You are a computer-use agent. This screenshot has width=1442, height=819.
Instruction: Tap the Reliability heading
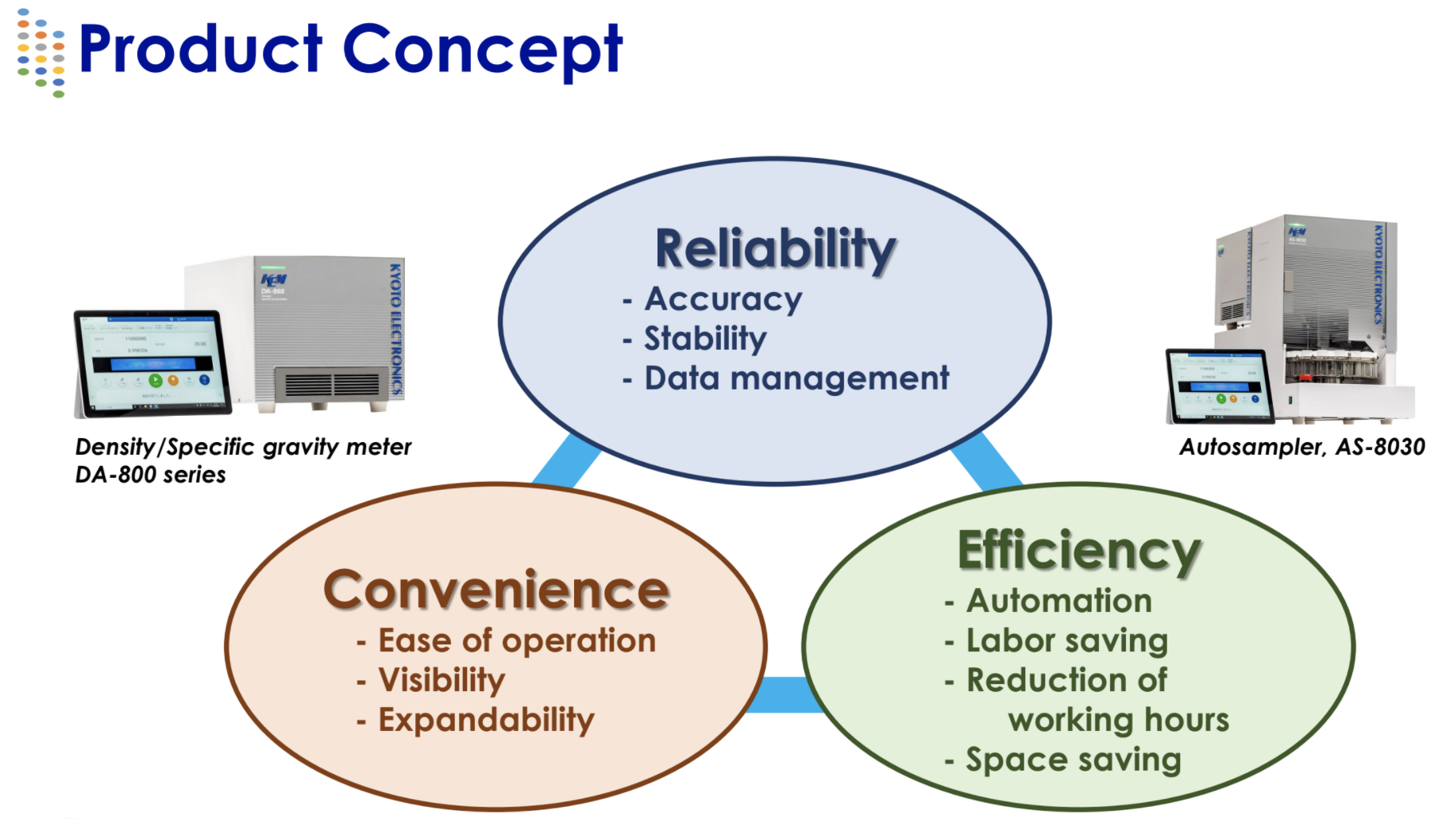[x=775, y=249]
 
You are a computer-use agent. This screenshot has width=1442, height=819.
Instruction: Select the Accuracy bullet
[x=723, y=299]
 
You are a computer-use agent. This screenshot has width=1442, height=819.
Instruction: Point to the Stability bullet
[x=705, y=339]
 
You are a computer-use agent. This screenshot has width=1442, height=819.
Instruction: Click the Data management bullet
[x=796, y=379]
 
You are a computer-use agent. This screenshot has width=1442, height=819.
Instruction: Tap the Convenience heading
[x=496, y=590]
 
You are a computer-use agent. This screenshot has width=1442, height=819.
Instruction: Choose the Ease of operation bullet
[x=517, y=640]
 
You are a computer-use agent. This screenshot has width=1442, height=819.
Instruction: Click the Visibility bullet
[x=441, y=680]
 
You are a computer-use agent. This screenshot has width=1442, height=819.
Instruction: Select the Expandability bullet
[x=486, y=720]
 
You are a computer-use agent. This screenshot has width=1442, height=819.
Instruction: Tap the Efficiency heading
[x=1079, y=551]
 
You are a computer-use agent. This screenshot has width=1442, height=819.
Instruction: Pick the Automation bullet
[x=1058, y=601]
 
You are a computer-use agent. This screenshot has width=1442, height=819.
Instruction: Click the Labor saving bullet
[x=1066, y=640]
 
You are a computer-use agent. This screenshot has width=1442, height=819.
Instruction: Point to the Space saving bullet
[x=1073, y=759]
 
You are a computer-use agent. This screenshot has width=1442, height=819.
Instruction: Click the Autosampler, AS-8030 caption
[x=1301, y=448]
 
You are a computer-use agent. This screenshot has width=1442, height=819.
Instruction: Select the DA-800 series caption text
[x=151, y=475]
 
